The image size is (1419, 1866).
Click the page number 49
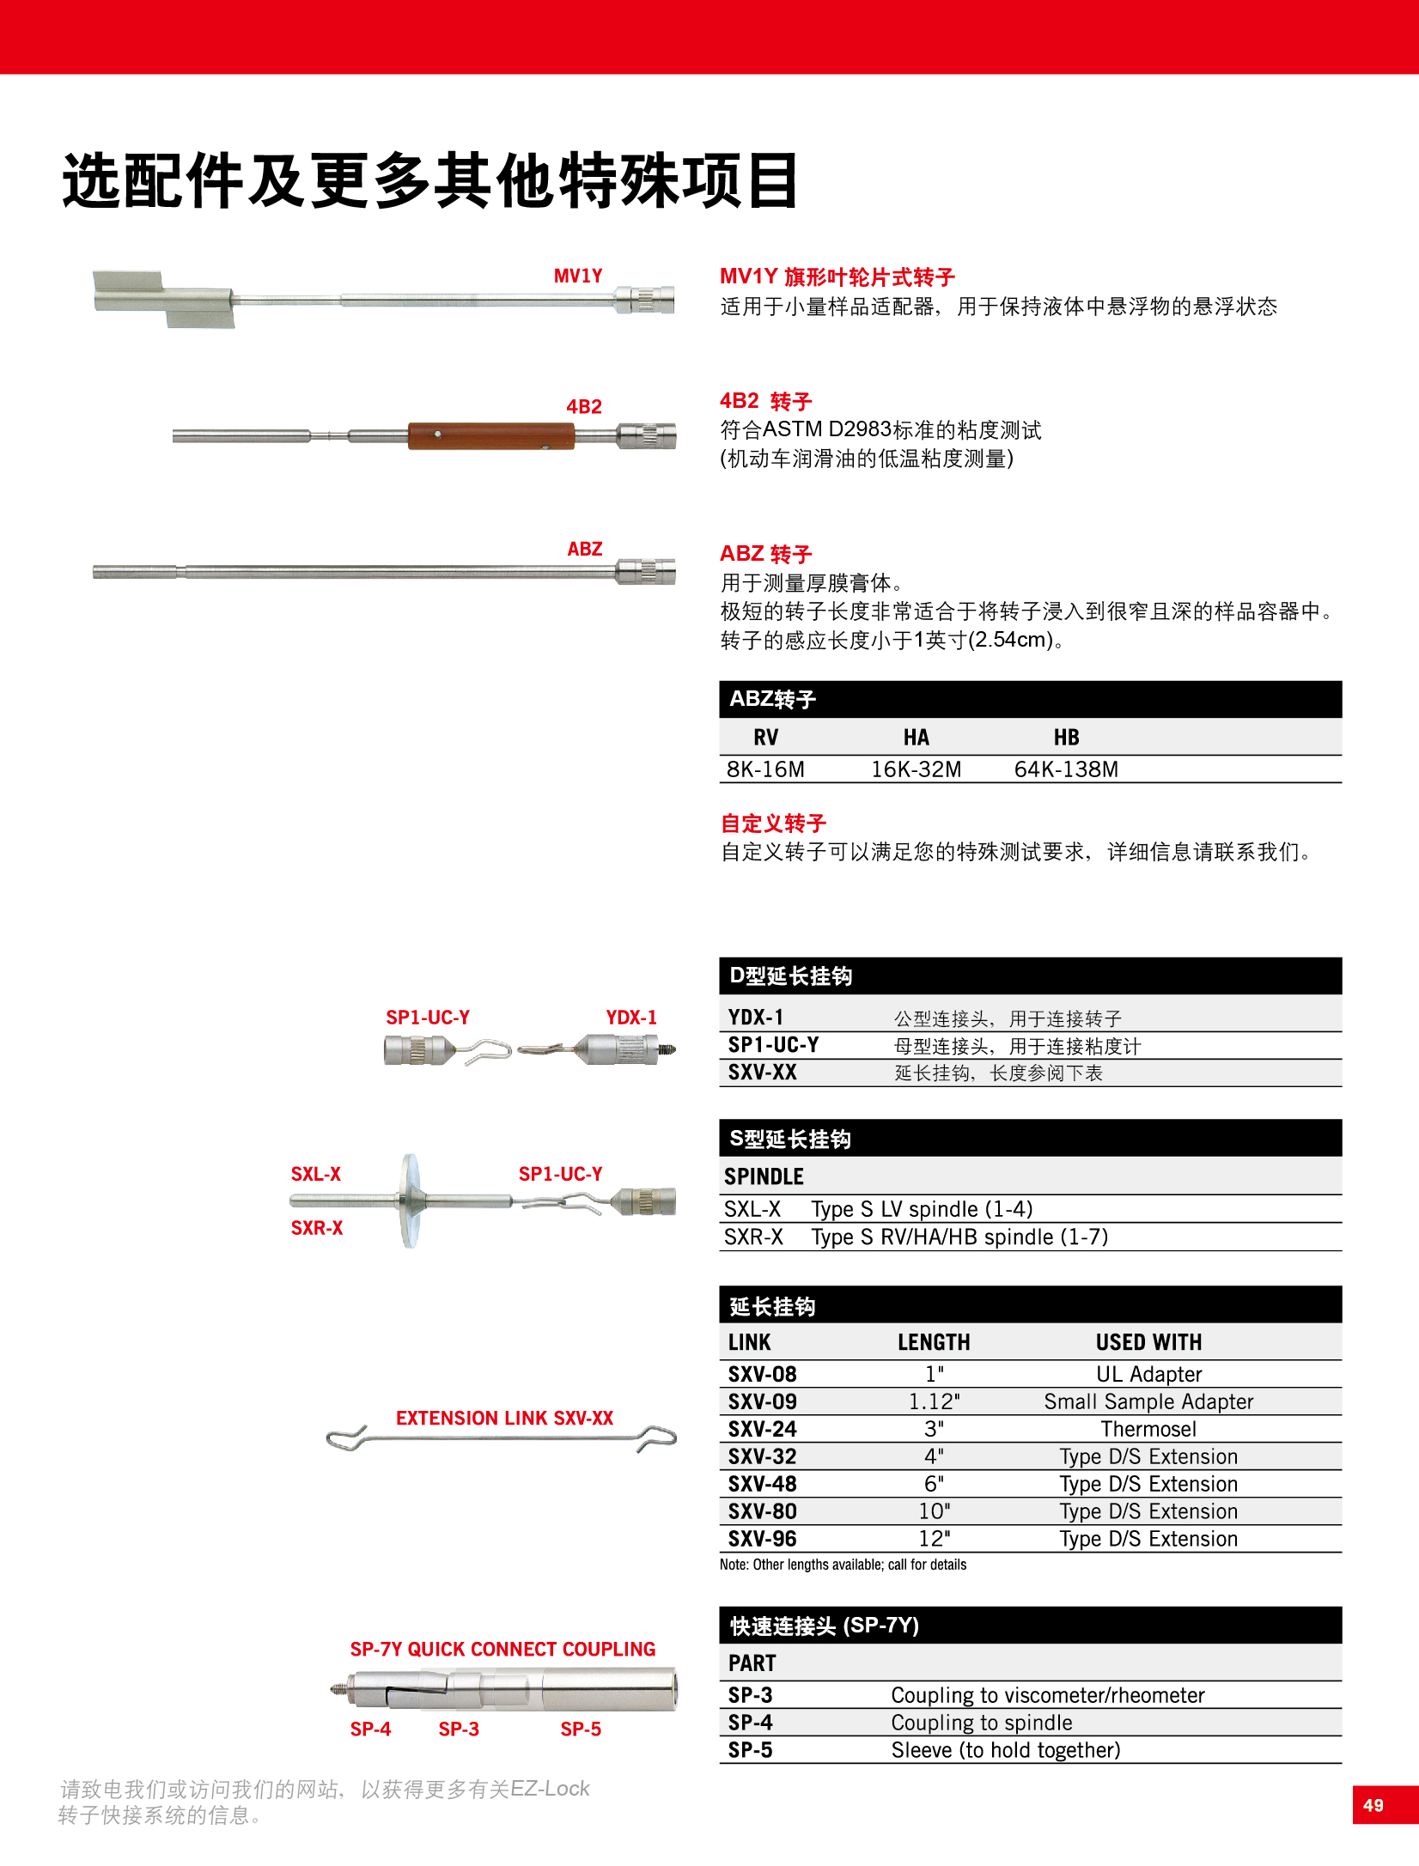[x=1373, y=1805]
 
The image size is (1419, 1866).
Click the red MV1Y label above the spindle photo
[x=578, y=277]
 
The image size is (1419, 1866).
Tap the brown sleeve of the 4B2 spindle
[x=490, y=436]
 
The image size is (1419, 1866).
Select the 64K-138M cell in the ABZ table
[x=1066, y=769]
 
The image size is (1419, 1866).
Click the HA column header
[x=916, y=738]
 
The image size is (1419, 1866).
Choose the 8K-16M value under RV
[x=765, y=769]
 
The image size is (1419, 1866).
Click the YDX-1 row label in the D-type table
[x=756, y=1018]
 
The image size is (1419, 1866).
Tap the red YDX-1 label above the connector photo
[x=631, y=1018]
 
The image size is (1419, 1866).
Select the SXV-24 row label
[x=763, y=1429]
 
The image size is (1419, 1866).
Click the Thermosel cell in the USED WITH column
[x=1148, y=1429]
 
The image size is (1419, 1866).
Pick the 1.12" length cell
[x=934, y=1401]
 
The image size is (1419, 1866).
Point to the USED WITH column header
[x=1148, y=1342]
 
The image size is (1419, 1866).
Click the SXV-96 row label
[x=763, y=1539]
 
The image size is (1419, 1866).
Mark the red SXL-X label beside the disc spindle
[x=316, y=1174]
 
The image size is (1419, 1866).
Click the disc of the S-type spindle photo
[x=411, y=1200]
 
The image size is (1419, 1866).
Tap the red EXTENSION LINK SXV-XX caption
[x=504, y=1418]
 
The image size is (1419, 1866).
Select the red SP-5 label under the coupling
[x=581, y=1729]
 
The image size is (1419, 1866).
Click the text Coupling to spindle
[x=982, y=1723]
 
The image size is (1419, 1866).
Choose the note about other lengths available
[x=843, y=1565]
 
